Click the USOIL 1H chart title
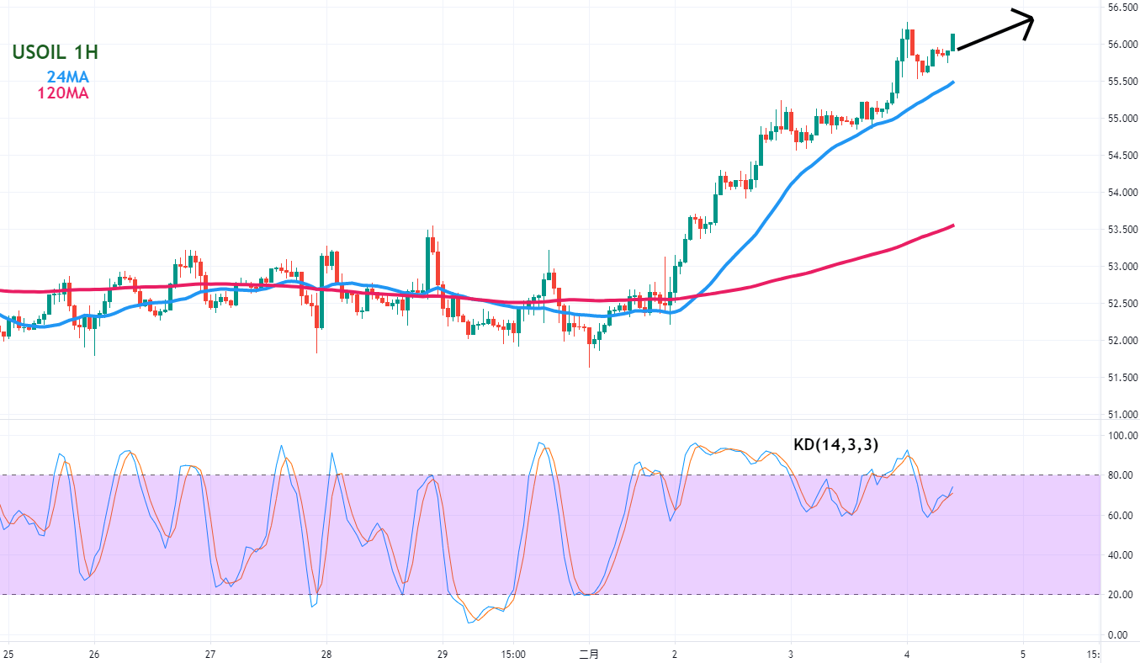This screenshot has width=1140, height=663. point(56,52)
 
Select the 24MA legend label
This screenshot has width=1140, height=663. point(67,77)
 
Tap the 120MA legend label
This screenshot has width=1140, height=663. point(62,93)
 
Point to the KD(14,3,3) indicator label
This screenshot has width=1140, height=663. point(836,445)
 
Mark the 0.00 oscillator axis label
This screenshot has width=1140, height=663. point(1117,634)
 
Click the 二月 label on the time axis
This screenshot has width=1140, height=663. point(589,654)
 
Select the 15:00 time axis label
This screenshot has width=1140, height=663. point(513,654)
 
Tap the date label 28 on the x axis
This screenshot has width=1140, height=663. point(326,654)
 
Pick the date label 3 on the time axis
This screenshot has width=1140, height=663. point(791,654)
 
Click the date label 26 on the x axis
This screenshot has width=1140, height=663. point(94,654)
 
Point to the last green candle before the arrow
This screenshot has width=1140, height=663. point(953,42)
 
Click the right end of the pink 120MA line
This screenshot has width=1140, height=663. point(952,225)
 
